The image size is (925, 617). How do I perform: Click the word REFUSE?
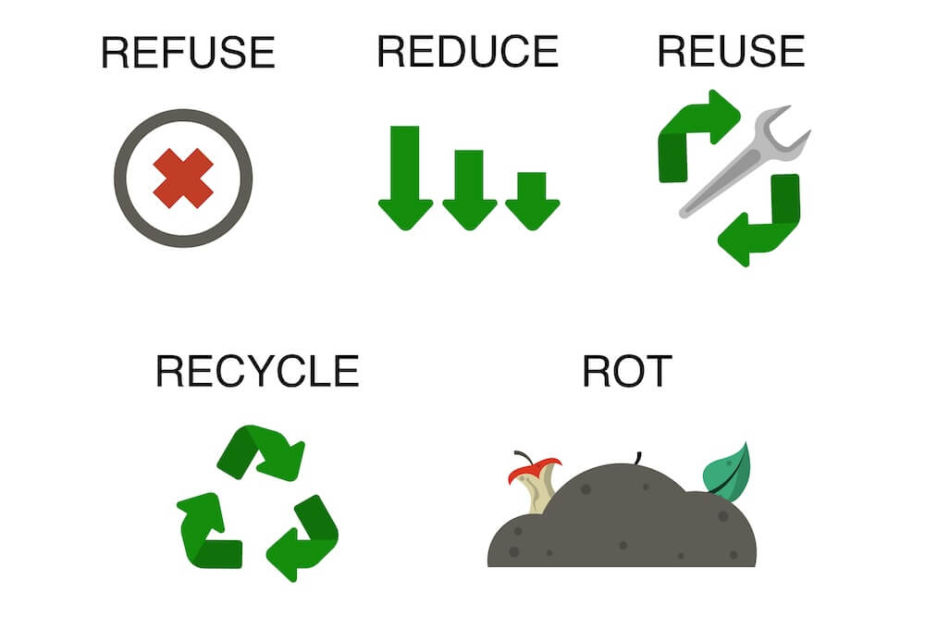(x=188, y=52)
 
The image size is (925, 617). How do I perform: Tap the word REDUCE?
(x=467, y=51)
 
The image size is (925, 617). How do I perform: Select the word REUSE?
(x=731, y=51)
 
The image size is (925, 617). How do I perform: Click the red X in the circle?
(x=183, y=179)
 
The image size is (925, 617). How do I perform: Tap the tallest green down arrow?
(x=405, y=178)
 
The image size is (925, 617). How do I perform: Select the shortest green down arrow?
(x=532, y=201)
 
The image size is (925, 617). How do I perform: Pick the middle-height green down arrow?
(x=469, y=190)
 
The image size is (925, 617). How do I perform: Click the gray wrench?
(x=745, y=161)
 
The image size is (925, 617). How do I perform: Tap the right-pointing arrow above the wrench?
(x=699, y=136)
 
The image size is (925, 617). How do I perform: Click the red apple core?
(x=534, y=482)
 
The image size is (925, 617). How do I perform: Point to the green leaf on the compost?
(x=727, y=472)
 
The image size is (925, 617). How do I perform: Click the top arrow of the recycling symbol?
(x=261, y=452)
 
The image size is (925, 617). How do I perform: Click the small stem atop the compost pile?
(x=637, y=458)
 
